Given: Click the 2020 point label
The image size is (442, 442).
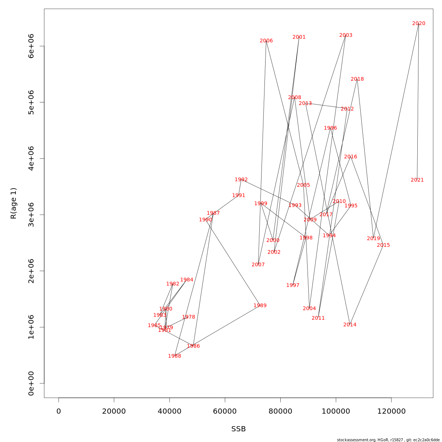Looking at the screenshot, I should coord(418,24).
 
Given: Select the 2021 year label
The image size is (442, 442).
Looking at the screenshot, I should coord(417,180).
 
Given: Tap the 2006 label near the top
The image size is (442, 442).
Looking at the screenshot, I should coord(266,41).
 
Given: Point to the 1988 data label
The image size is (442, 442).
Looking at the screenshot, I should coord(174,356).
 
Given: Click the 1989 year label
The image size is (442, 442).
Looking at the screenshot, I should coord(260,306).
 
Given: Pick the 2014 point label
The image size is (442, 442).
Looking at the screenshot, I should coord(350,325).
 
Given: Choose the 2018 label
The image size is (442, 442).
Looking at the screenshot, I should coord(357,79).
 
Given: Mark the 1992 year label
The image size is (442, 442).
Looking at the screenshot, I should coord(241,180).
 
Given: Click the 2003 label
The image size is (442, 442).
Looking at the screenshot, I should coord(345,35).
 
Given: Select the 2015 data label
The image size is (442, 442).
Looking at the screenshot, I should coord(383,245).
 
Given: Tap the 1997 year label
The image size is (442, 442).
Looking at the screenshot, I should coord(292,285).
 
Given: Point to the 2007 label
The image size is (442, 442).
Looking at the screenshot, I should coord(258,265).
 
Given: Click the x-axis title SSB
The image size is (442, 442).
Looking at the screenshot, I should coord(238,429).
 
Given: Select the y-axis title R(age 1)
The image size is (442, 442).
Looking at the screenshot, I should coord(14,203).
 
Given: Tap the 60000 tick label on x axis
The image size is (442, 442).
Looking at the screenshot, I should coord(225,411).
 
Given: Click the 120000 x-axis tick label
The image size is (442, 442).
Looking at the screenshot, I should coord(391,411).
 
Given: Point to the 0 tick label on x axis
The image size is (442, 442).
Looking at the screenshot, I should coord(59,411).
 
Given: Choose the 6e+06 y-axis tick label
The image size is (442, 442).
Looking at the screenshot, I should coord(31,46).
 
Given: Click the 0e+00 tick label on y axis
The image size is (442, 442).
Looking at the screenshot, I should coord(31,383).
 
